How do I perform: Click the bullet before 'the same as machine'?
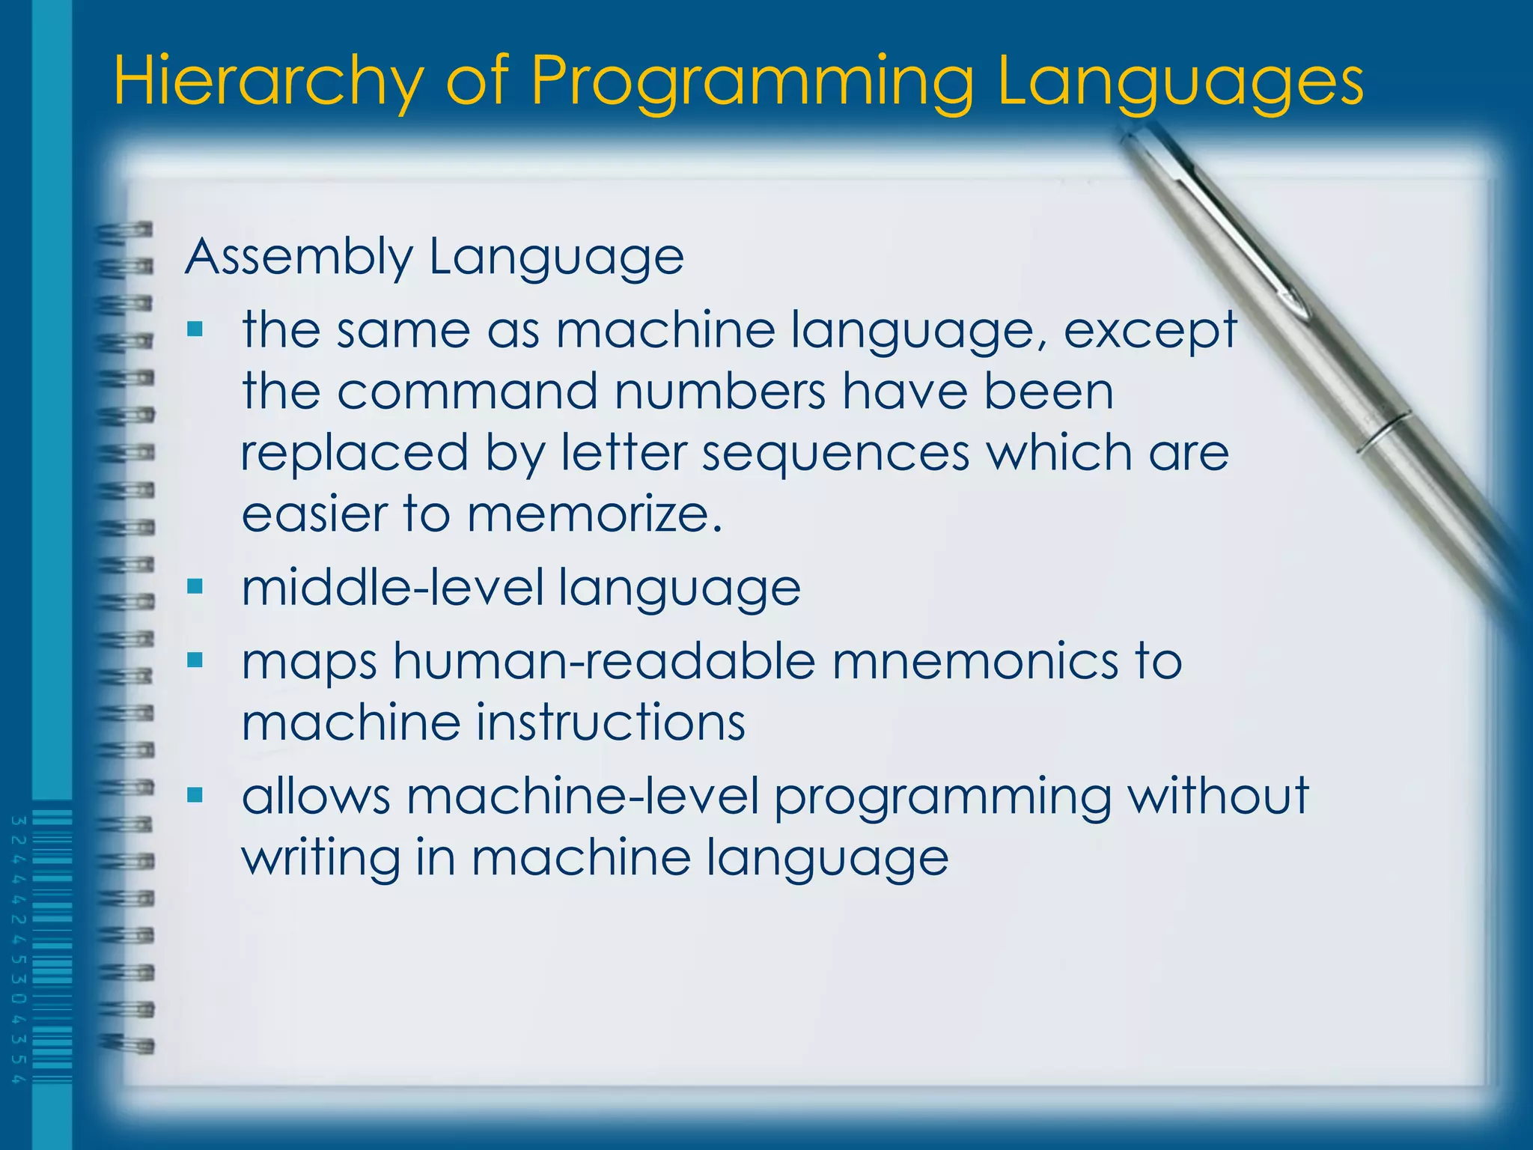pyautogui.click(x=195, y=329)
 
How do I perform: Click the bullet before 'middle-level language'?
pyautogui.click(x=195, y=586)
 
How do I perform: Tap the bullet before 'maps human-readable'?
pyautogui.click(x=195, y=660)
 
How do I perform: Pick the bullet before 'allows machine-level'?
pyautogui.click(x=195, y=794)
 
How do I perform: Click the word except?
pyautogui.click(x=1150, y=331)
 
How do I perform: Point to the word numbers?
pyautogui.click(x=719, y=392)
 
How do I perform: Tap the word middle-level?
pyautogui.click(x=393, y=587)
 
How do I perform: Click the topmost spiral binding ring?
pyautogui.click(x=126, y=231)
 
